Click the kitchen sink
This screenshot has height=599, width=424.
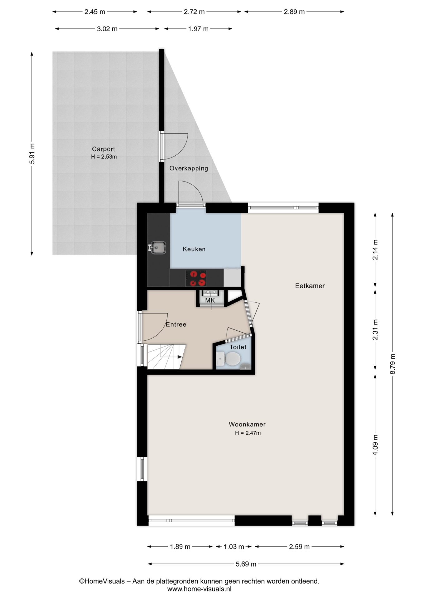click(157, 248)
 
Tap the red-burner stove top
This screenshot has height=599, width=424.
click(196, 278)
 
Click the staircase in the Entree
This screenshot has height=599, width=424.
click(166, 357)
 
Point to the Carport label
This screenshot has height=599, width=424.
click(103, 149)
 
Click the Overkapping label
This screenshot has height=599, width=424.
click(189, 168)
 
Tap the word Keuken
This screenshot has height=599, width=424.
click(194, 249)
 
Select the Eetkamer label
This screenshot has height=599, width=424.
click(310, 286)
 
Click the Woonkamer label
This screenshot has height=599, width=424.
click(247, 424)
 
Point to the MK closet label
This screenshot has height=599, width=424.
click(210, 300)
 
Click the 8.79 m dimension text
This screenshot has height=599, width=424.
click(392, 364)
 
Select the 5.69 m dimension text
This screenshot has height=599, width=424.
click(246, 564)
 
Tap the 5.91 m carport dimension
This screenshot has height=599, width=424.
click(32, 153)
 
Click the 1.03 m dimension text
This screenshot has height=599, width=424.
click(234, 547)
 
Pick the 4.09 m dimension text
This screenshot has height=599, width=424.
click(375, 445)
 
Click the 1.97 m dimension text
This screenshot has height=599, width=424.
click(198, 29)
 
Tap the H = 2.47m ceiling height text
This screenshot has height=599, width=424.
click(248, 433)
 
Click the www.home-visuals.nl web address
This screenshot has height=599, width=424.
click(199, 589)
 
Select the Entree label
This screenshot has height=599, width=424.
click(176, 324)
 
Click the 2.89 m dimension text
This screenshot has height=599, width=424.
click(294, 12)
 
